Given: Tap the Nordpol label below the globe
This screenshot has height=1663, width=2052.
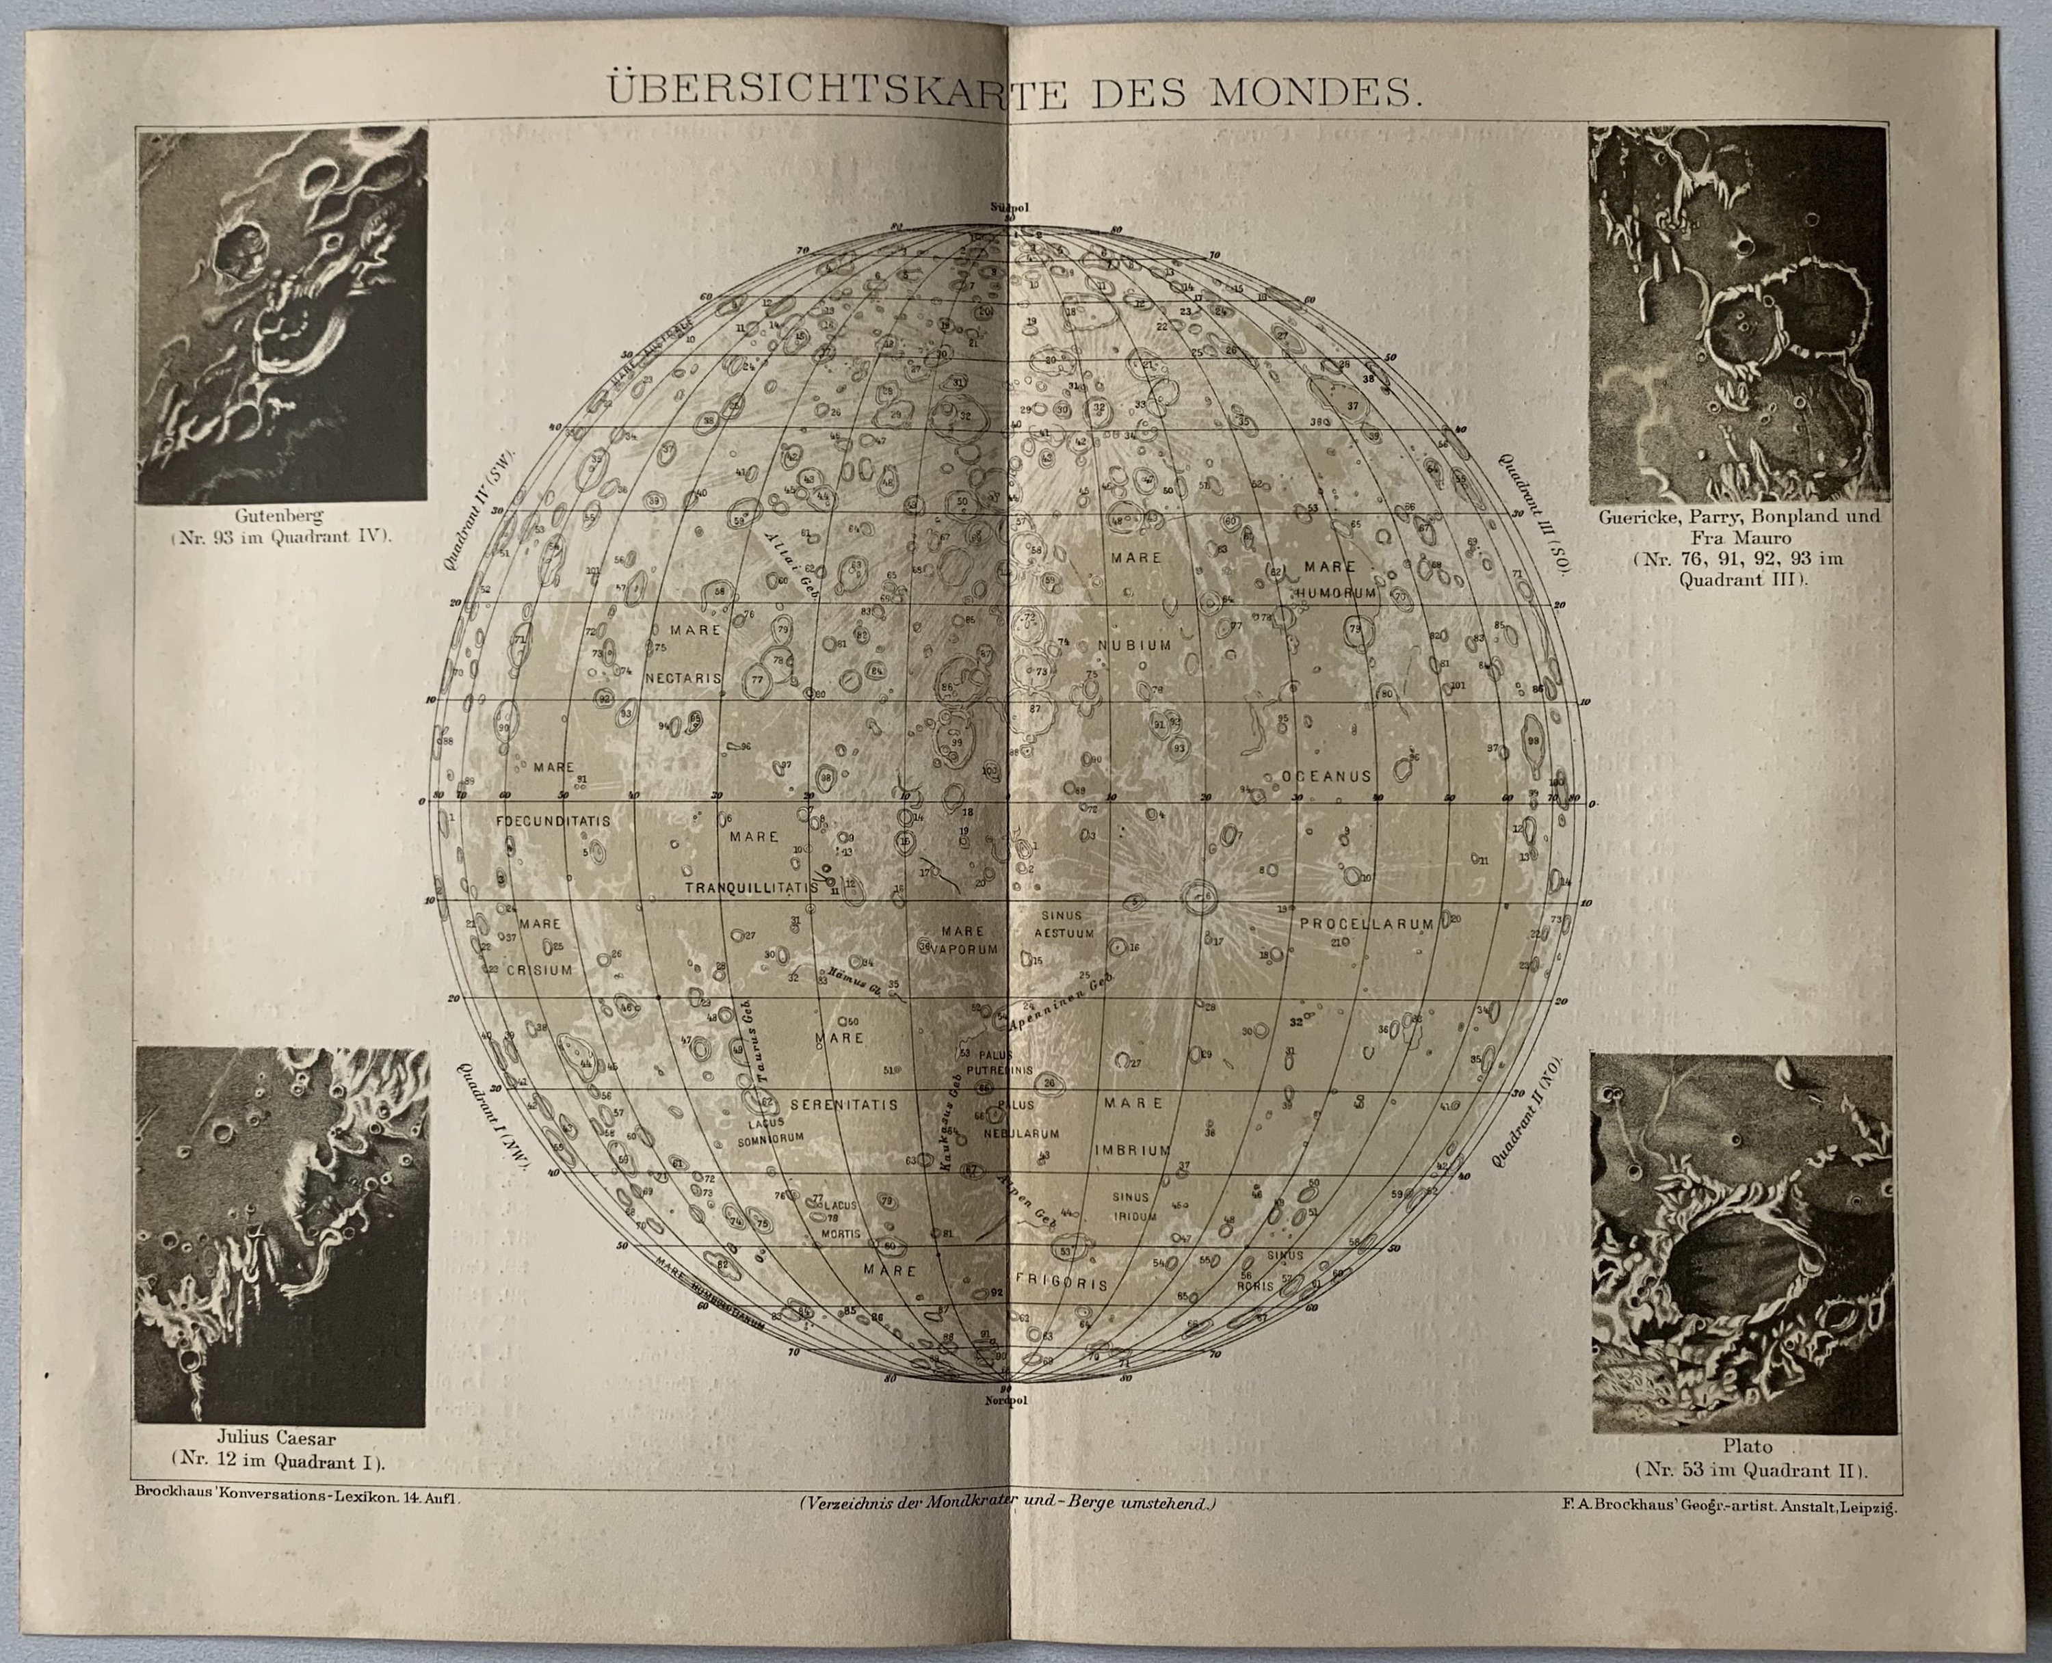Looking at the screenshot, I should click(1006, 1400).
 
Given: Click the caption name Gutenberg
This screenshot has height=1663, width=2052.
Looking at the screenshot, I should click(279, 516).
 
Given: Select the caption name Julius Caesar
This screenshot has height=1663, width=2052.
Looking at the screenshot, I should click(276, 1438).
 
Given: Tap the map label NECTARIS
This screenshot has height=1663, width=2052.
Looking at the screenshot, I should click(683, 677).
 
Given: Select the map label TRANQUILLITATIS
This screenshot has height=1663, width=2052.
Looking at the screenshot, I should click(751, 888).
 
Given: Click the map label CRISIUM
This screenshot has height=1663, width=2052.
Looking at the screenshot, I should click(540, 970).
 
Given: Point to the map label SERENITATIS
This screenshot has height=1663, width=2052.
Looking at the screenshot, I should click(843, 1104).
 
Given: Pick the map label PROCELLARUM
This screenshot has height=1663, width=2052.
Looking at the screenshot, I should click(1366, 924).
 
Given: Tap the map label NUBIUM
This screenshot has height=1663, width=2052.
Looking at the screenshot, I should click(1134, 645).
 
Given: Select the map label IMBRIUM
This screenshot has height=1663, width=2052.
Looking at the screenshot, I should click(1133, 1149).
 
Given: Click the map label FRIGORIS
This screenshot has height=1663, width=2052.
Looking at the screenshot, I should click(1062, 1283).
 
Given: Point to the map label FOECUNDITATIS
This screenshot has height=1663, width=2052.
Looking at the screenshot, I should click(553, 821).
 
